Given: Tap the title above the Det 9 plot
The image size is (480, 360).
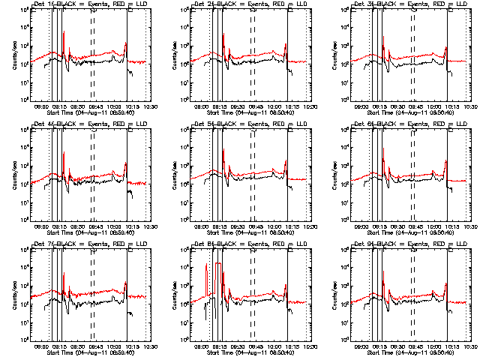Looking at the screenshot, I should (413, 245).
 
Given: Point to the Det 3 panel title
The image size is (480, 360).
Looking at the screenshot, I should (413, 5).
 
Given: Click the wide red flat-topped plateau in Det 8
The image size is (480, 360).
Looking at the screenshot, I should (218, 265).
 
